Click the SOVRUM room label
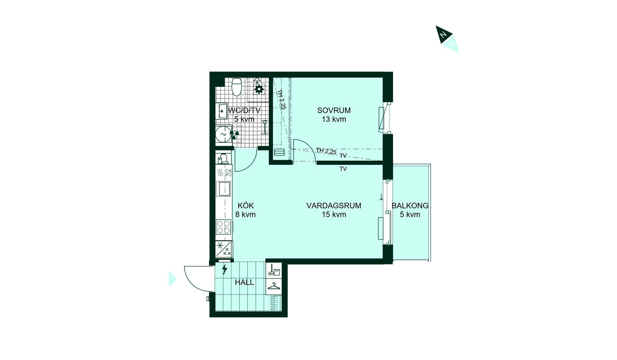(334, 111)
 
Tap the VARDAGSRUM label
(334, 206)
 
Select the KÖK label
(246, 205)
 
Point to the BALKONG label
(410, 206)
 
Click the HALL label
(245, 283)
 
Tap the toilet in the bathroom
(237, 87)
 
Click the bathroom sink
(222, 111)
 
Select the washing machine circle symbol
(223, 134)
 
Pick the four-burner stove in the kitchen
(224, 226)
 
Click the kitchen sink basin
(224, 189)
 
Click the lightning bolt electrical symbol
(225, 269)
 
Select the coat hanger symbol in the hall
(274, 286)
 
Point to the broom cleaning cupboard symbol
(274, 270)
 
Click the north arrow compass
(447, 39)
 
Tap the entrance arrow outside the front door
(173, 279)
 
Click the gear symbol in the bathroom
(259, 89)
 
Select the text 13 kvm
(334, 119)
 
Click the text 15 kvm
(334, 214)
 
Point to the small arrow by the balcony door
(381, 197)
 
